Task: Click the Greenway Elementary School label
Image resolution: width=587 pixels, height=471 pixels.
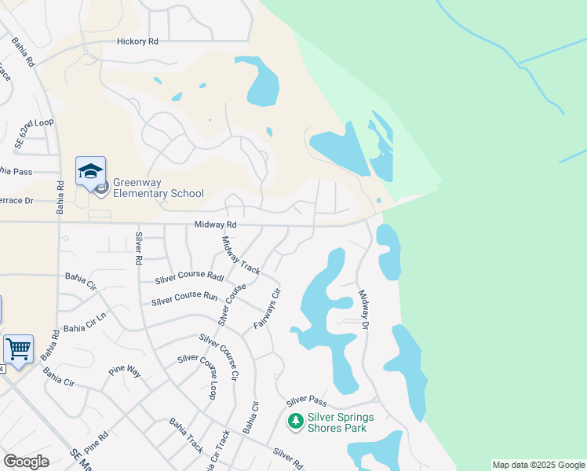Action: [x=159, y=188]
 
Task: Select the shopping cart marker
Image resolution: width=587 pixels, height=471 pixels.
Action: [x=17, y=347]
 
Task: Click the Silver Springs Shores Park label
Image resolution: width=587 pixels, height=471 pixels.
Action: [x=341, y=422]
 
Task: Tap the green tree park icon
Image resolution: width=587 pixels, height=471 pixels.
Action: [x=296, y=422]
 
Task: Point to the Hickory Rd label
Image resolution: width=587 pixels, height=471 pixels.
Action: [x=137, y=42]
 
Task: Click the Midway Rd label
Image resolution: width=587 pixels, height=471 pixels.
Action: [x=216, y=225]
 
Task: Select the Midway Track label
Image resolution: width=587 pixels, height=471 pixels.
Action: [x=242, y=255]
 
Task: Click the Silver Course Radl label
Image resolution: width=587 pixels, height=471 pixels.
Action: [x=189, y=277]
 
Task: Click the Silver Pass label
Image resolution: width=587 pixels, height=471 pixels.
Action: [x=306, y=400]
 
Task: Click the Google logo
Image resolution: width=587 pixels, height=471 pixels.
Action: [x=26, y=462]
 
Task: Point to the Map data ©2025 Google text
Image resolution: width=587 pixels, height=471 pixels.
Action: [x=538, y=465]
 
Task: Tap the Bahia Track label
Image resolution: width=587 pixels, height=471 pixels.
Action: [x=187, y=435]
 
